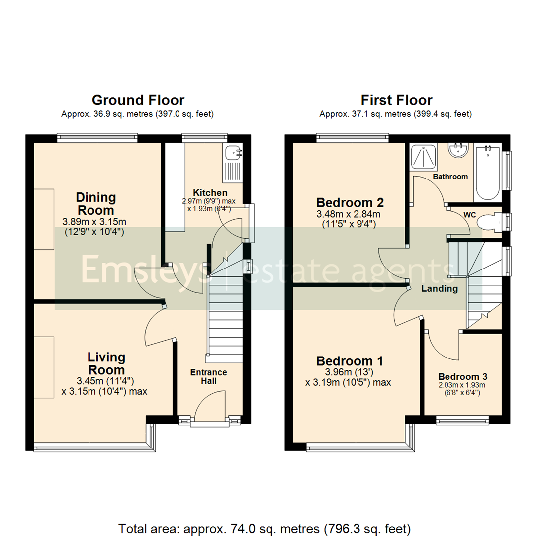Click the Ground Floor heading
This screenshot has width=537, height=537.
pyautogui.click(x=138, y=100)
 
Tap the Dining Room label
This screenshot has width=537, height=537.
pyautogui.click(x=96, y=203)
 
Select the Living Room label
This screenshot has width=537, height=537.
pyautogui.click(x=106, y=363)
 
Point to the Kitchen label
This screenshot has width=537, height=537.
pyautogui.click(x=210, y=193)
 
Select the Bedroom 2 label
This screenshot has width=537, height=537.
pyautogui.click(x=350, y=203)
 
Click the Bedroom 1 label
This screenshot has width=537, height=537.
pyautogui.click(x=350, y=360)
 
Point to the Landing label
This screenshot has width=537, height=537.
pyautogui.click(x=440, y=289)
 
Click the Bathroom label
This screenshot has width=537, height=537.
pyautogui.click(x=450, y=177)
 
